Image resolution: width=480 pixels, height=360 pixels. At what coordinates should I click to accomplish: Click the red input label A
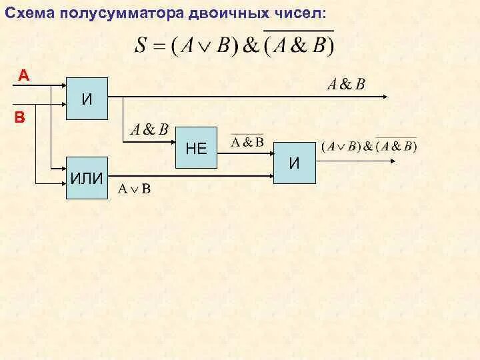pyautogui.click(x=23, y=75)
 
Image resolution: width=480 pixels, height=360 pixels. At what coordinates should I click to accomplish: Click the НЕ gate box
pyautogui.click(x=196, y=149)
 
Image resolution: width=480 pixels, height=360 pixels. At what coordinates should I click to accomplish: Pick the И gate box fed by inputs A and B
pyautogui.click(x=86, y=98)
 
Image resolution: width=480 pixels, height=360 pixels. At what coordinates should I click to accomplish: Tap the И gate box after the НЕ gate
pyautogui.click(x=294, y=163)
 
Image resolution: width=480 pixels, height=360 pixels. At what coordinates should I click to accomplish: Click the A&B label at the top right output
pyautogui.click(x=345, y=85)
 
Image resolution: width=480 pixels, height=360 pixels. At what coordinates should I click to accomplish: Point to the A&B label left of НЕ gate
pyautogui.click(x=149, y=129)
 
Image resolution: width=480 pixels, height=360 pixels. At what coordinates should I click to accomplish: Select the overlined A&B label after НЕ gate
pyautogui.click(x=247, y=142)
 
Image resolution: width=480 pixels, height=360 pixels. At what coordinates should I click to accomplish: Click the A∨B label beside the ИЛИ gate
pyautogui.click(x=135, y=189)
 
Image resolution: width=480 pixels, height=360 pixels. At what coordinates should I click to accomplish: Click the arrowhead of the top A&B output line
pyautogui.click(x=386, y=97)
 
